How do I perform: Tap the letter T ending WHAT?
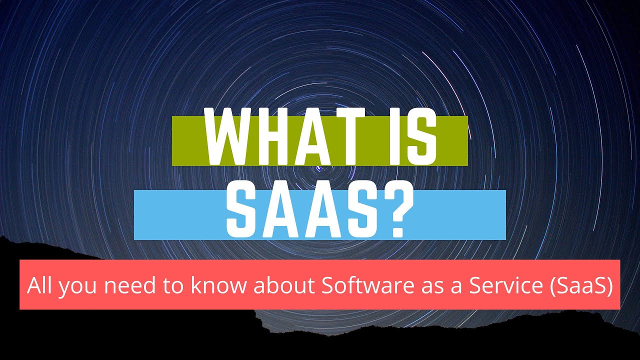click(x=350, y=136)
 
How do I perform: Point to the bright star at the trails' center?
click(x=319, y=169)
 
